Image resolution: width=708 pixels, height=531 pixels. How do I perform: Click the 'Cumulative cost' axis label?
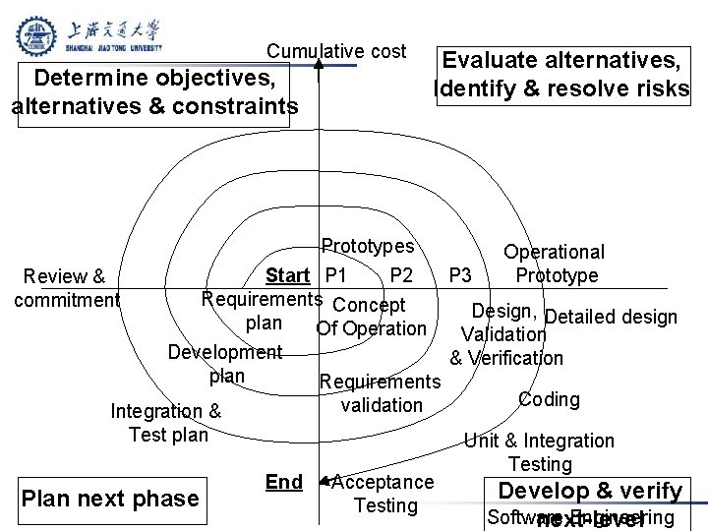coord(337,51)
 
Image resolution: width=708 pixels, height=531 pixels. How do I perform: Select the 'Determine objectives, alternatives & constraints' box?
coord(153,92)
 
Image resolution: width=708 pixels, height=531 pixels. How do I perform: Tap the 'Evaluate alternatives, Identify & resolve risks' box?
coord(562,76)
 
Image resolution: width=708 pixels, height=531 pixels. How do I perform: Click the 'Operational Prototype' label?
coord(556,265)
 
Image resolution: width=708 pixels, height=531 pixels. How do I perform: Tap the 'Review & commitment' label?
coord(66,288)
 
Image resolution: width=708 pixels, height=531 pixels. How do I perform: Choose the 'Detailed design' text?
coord(611,317)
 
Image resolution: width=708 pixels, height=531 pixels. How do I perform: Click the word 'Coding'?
coord(549,399)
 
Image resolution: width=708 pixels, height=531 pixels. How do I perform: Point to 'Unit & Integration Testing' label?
coord(540,452)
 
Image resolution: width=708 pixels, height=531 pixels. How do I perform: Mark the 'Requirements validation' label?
coord(381,393)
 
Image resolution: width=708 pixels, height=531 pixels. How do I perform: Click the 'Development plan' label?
coord(226,364)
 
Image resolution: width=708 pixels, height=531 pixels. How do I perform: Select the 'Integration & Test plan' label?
coord(167,423)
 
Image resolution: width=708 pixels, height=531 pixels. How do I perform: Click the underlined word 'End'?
coord(284,482)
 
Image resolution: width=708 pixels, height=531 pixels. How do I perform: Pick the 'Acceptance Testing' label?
coord(383,494)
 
